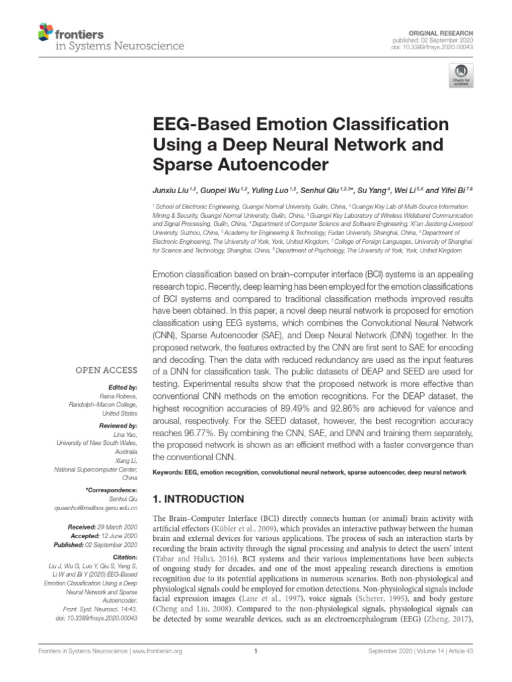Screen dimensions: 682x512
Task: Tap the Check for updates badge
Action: click(459, 76)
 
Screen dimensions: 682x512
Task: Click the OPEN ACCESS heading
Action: click(107, 370)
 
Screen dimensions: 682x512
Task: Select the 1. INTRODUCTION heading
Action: click(199, 499)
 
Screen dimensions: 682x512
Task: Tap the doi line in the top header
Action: click(441, 47)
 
